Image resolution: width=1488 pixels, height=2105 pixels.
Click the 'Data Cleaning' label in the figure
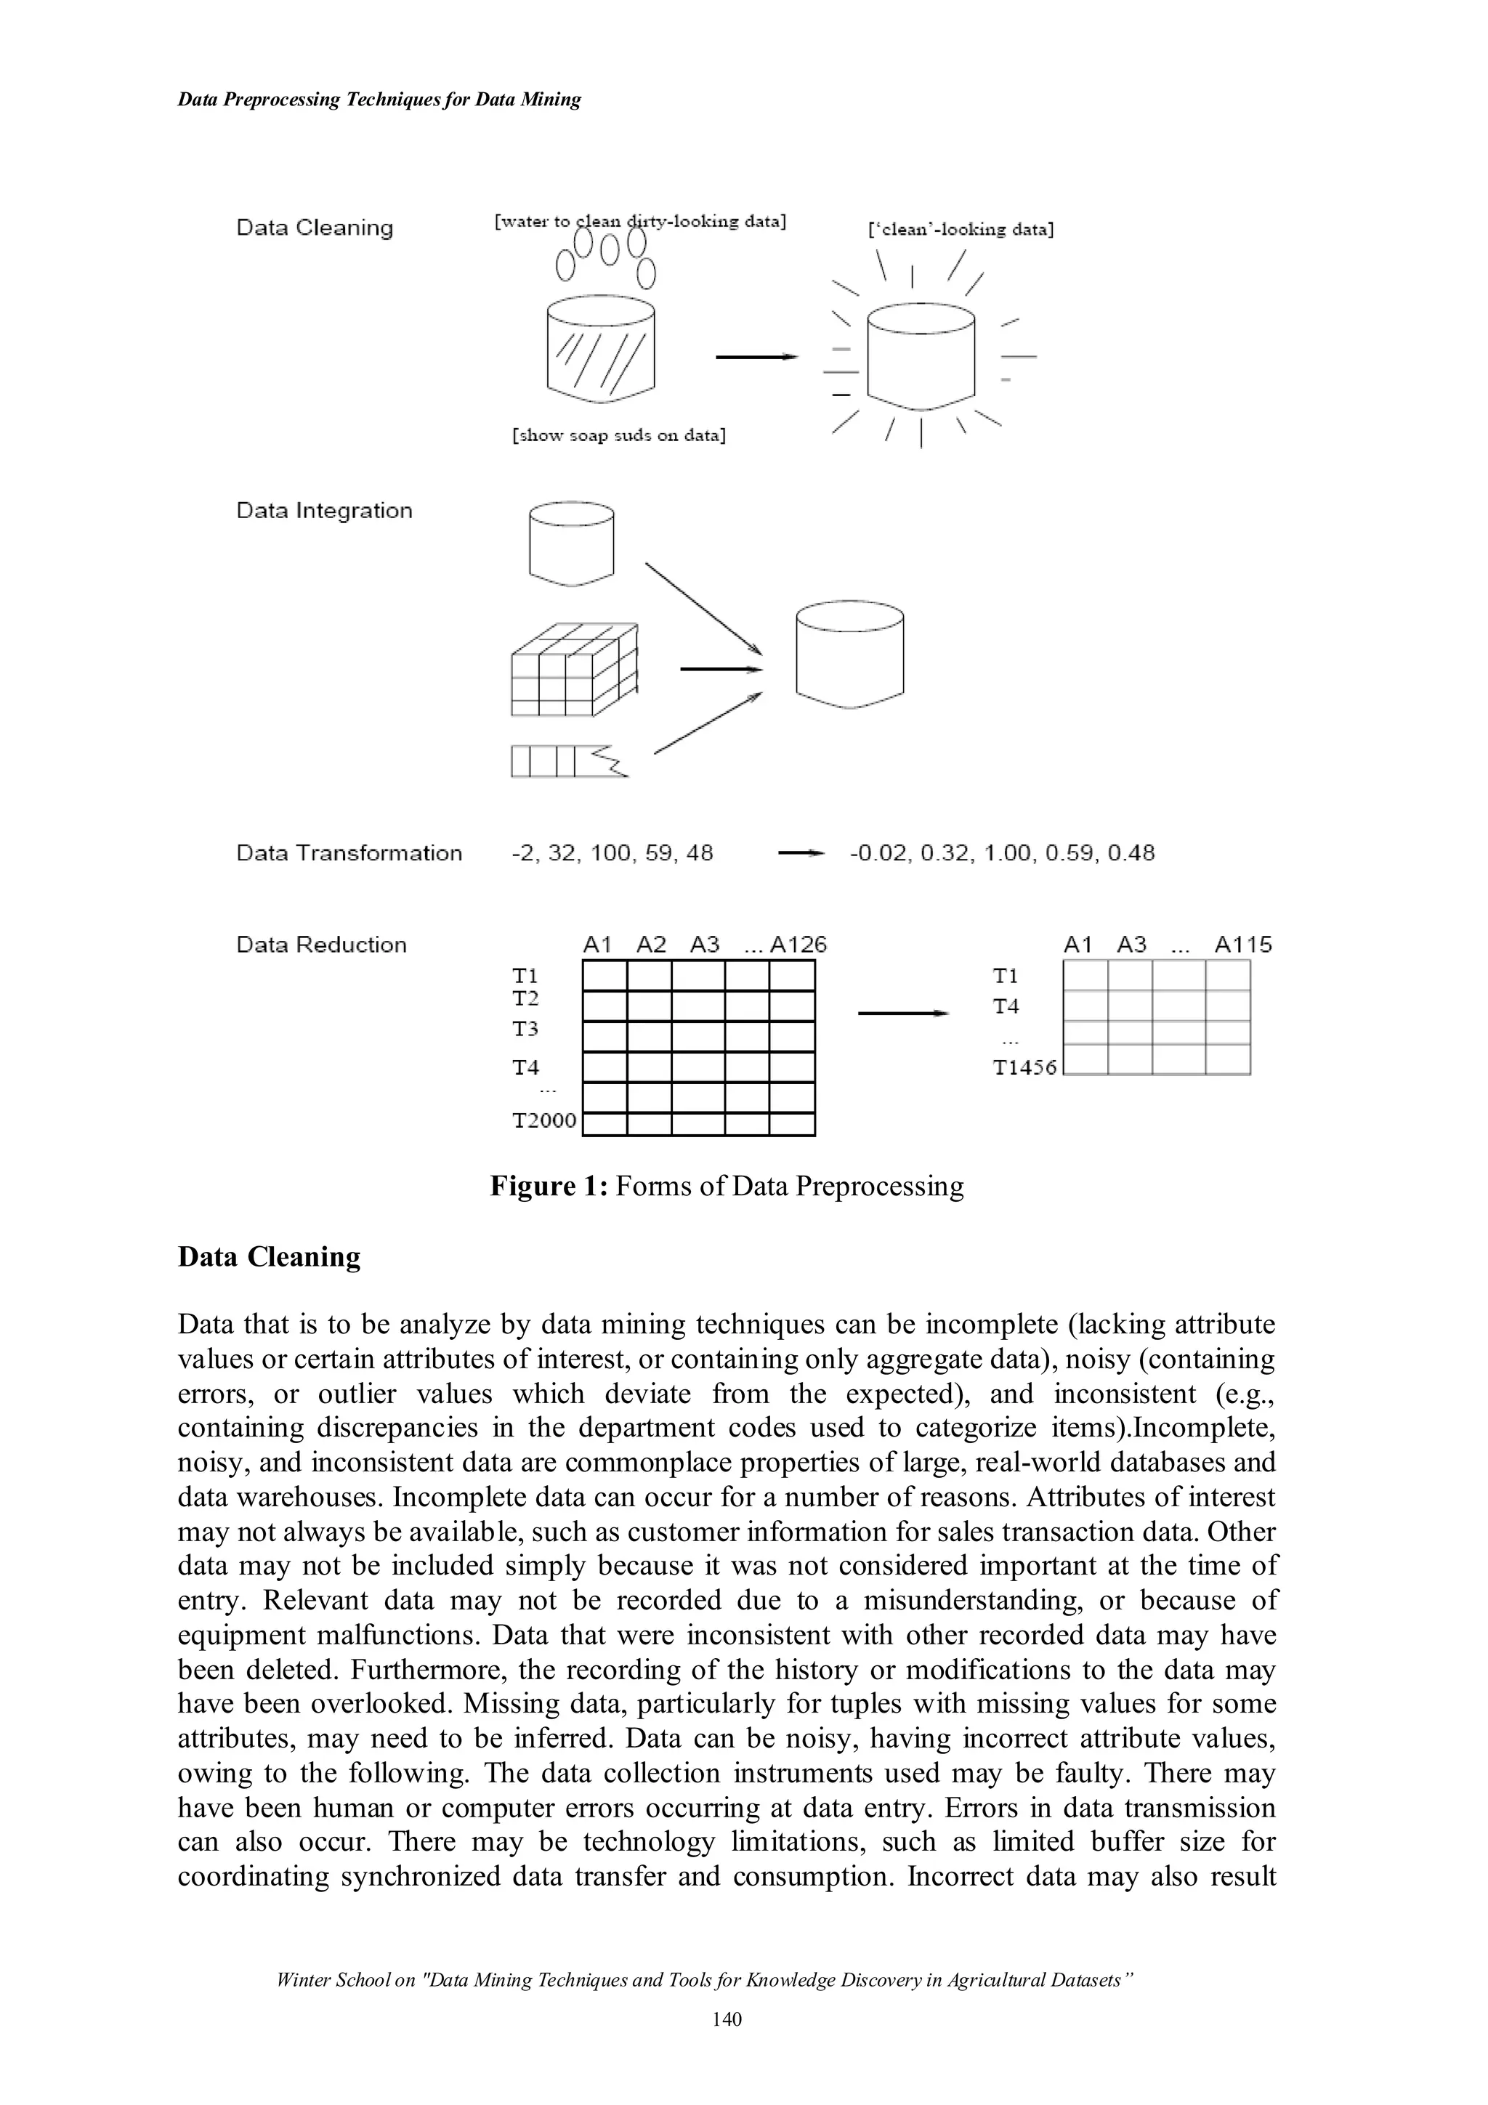point(315,227)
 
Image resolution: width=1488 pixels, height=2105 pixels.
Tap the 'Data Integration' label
point(325,511)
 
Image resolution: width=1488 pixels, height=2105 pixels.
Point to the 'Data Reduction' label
point(321,945)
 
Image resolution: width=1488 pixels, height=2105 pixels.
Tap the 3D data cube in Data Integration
point(574,669)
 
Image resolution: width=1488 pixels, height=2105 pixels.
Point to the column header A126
point(798,945)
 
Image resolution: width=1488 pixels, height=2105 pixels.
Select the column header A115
point(1243,945)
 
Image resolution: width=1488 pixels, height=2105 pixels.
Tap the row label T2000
point(543,1120)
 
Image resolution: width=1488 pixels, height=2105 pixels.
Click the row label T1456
point(1025,1067)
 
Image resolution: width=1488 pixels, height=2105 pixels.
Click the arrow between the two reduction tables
point(901,1013)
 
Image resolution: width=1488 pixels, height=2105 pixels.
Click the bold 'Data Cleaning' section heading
point(269,1256)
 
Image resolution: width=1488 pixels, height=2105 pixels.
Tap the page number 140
point(726,2043)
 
